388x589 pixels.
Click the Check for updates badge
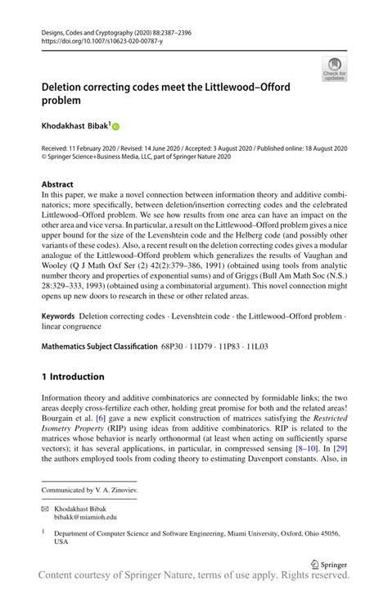coord(334,70)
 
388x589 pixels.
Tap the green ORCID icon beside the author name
coord(115,127)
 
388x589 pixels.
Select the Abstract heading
coord(57,184)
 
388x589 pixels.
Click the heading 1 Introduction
coord(73,377)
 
